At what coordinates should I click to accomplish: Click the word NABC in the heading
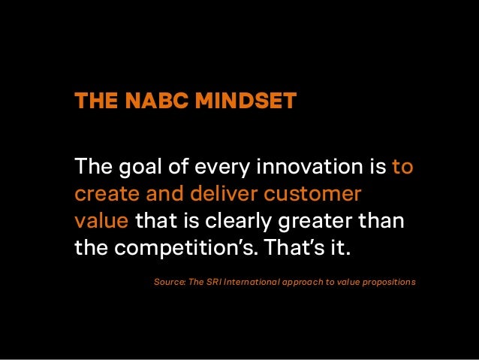tap(150, 101)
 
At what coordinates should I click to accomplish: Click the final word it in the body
tap(342, 249)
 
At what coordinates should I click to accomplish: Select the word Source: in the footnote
tap(169, 282)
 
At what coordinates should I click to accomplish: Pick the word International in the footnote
tap(255, 282)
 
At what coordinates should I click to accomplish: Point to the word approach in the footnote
tap(307, 282)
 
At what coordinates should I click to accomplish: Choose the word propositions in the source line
tap(388, 282)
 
